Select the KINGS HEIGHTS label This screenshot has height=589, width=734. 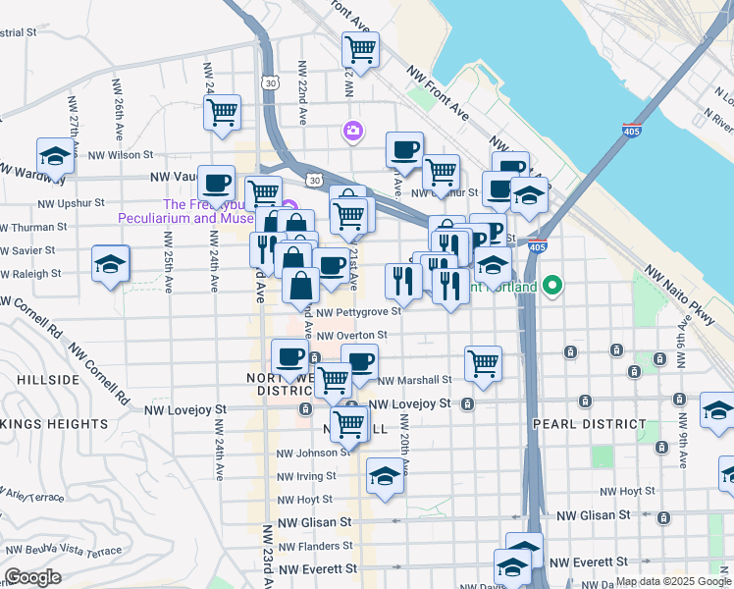[x=54, y=424]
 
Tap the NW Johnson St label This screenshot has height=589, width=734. [x=312, y=453]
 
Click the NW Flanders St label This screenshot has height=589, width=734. [x=315, y=546]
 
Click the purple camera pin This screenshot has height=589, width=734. [x=352, y=130]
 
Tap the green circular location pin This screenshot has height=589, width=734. [x=553, y=287]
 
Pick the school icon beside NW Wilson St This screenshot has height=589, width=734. [x=55, y=155]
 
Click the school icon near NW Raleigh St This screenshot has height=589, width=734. [x=111, y=263]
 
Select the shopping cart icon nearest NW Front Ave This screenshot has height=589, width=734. [x=361, y=47]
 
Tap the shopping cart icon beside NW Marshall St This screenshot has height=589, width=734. [x=483, y=363]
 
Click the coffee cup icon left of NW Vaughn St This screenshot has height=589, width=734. [x=216, y=182]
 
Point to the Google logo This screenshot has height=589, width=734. [x=32, y=577]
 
